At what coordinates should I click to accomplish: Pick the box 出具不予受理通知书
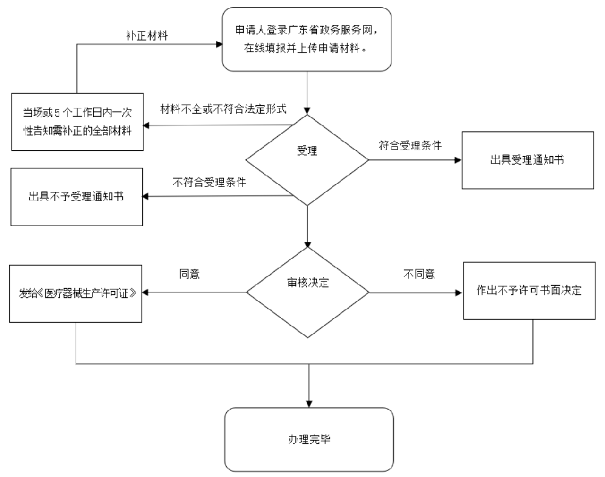tap(76, 196)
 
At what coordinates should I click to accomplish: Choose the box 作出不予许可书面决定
tap(528, 290)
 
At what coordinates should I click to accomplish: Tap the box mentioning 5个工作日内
tap(77, 121)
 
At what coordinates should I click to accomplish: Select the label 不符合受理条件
tap(209, 183)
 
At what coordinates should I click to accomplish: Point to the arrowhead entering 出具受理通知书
tap(457, 161)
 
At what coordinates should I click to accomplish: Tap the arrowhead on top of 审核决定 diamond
tap(308, 243)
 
